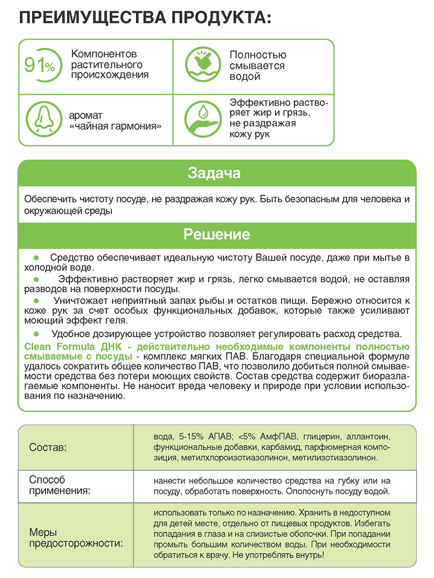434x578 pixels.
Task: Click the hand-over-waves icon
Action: [x=202, y=66]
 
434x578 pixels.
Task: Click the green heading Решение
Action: [x=217, y=235]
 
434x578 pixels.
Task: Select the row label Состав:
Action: [x=48, y=447]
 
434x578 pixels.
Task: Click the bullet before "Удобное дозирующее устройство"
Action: [x=35, y=333]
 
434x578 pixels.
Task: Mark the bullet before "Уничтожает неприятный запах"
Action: [x=35, y=300]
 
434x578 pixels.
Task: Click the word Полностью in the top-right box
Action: [x=258, y=55]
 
